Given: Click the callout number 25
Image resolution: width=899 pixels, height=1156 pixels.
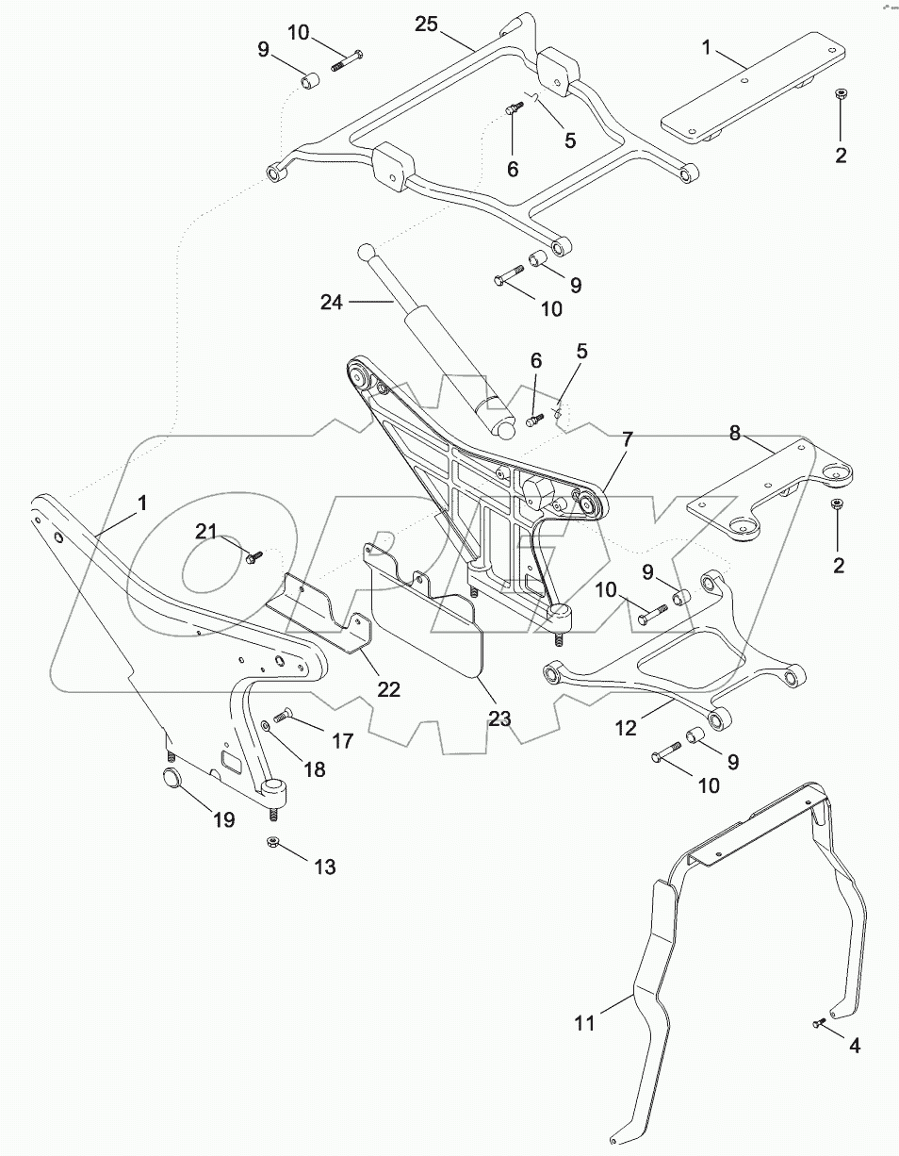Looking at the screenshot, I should coord(427,25).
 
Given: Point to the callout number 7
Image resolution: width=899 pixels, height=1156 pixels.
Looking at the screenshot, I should coord(626,438).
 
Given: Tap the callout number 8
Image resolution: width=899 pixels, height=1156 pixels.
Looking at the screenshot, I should coord(736,434).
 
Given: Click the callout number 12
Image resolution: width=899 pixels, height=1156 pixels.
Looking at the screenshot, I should coord(626,728).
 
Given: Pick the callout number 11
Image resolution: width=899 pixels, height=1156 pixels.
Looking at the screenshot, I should coord(585,1022).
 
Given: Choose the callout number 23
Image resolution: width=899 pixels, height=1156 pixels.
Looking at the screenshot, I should coord(499,718).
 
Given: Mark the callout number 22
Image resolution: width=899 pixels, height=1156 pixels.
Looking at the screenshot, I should coord(389,689).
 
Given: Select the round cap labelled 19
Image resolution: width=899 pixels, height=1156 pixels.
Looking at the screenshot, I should coord(172,780).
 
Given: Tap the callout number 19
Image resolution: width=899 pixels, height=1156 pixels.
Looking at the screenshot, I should coord(223,819).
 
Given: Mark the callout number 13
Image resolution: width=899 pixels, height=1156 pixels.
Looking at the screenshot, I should coord(324,867).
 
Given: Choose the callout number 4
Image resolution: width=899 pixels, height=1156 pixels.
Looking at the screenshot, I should coord(854,1046).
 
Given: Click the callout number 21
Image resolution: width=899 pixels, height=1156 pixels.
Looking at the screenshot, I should coord(206,531).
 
